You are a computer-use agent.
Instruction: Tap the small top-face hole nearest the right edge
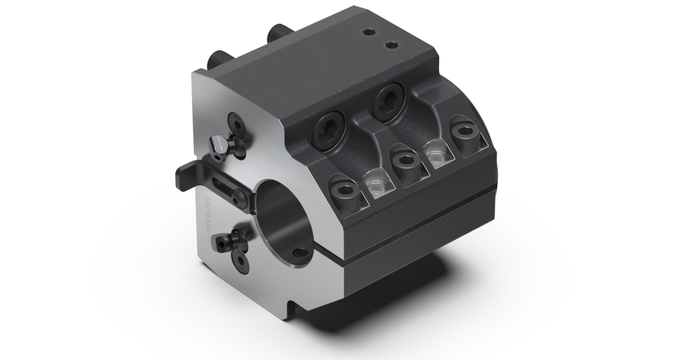(x=391, y=44)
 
